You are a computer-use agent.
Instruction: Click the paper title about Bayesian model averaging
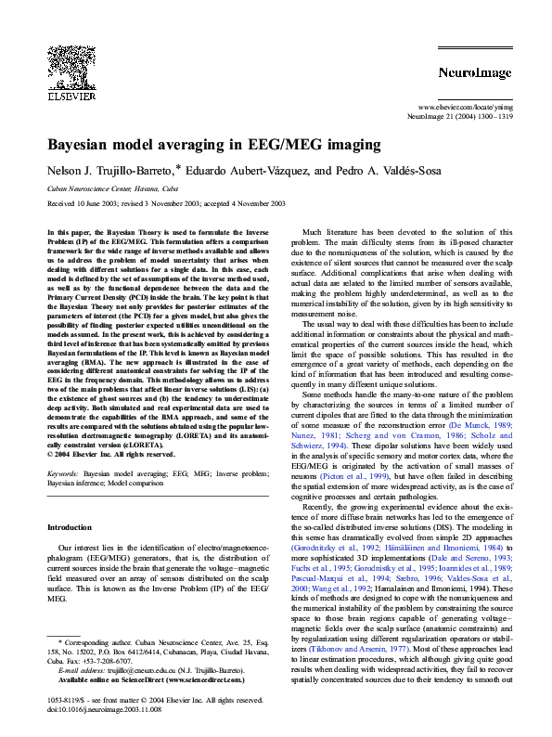coord(213,145)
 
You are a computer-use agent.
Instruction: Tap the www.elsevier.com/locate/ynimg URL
coord(462,109)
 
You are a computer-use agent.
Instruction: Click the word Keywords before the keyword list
coord(62,474)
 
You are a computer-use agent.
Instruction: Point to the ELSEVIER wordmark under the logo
coord(71,95)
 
